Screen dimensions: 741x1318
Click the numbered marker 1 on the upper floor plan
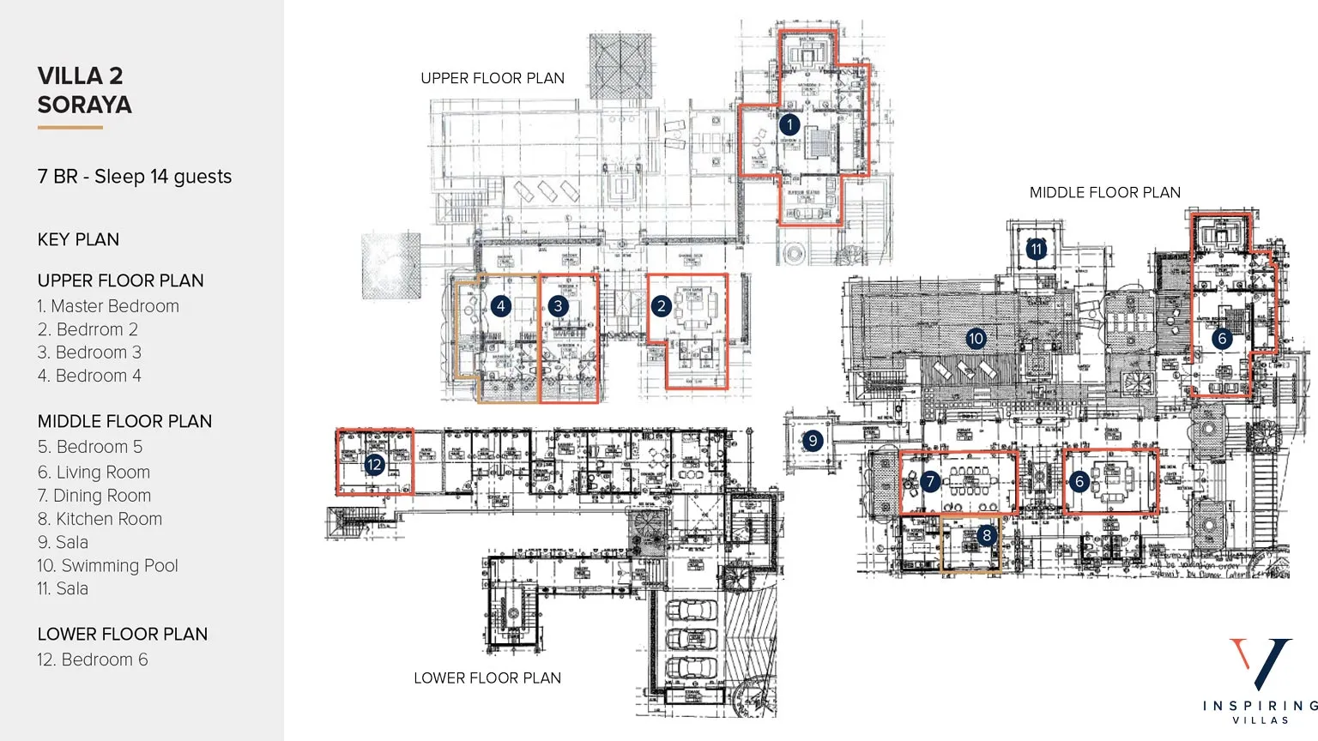click(x=789, y=124)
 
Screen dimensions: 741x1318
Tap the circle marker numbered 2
click(x=661, y=306)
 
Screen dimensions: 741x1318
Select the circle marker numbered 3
click(x=558, y=306)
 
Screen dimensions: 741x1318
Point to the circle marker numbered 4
click(x=500, y=306)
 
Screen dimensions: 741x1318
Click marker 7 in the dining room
click(x=929, y=482)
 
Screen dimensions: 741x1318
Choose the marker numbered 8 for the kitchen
click(x=987, y=535)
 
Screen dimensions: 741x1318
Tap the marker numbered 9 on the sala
click(x=813, y=441)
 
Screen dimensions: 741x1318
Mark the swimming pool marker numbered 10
click(x=976, y=338)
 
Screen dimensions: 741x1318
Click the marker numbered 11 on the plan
click(x=1037, y=250)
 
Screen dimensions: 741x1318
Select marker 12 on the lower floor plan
click(x=374, y=465)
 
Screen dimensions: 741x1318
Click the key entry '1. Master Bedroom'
click(x=108, y=306)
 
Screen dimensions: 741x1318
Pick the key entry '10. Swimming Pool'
click(x=107, y=566)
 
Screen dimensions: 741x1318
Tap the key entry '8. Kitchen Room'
click(x=100, y=519)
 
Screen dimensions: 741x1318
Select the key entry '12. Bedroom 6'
click(x=93, y=660)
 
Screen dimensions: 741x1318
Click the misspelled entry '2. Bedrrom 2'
click(x=88, y=329)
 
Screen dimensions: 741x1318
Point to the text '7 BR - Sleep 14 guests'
click(x=135, y=177)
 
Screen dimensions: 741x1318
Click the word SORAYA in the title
click(x=85, y=105)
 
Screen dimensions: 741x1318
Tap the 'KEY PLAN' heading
click(x=78, y=240)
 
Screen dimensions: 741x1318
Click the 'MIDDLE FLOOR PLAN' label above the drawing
click(x=1104, y=193)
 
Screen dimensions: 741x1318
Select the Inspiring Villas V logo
click(x=1260, y=665)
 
